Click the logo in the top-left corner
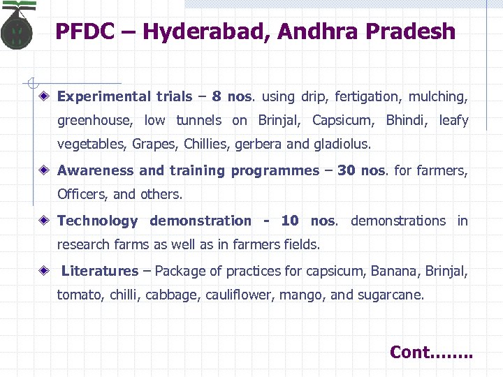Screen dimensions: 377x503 tap(18, 27)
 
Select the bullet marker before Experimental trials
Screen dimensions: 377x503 tap(44, 96)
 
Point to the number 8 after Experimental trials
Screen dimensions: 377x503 tap(216, 96)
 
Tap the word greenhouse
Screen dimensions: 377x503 tap(94, 121)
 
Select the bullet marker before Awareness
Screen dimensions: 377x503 tap(44, 170)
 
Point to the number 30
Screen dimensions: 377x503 tap(346, 170)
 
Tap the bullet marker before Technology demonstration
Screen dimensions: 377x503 tap(44, 221)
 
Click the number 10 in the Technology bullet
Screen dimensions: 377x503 tap(289, 221)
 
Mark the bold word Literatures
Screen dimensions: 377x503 tap(100, 271)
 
